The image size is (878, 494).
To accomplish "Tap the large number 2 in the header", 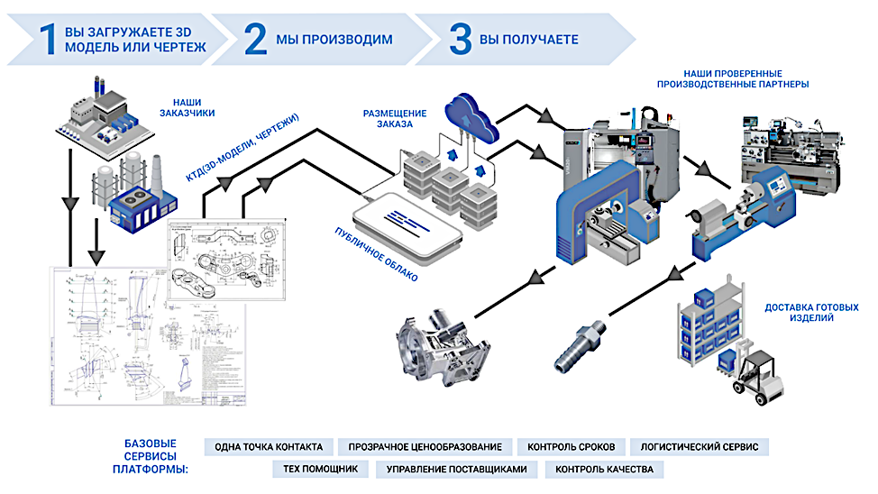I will pyautogui.click(x=256, y=39).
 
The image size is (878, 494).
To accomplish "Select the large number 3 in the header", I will pyautogui.click(x=461, y=39).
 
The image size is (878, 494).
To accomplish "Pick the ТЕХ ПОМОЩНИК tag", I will pyautogui.click(x=321, y=469).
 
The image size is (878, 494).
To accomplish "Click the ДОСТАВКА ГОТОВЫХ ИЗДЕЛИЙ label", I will pyautogui.click(x=810, y=313).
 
